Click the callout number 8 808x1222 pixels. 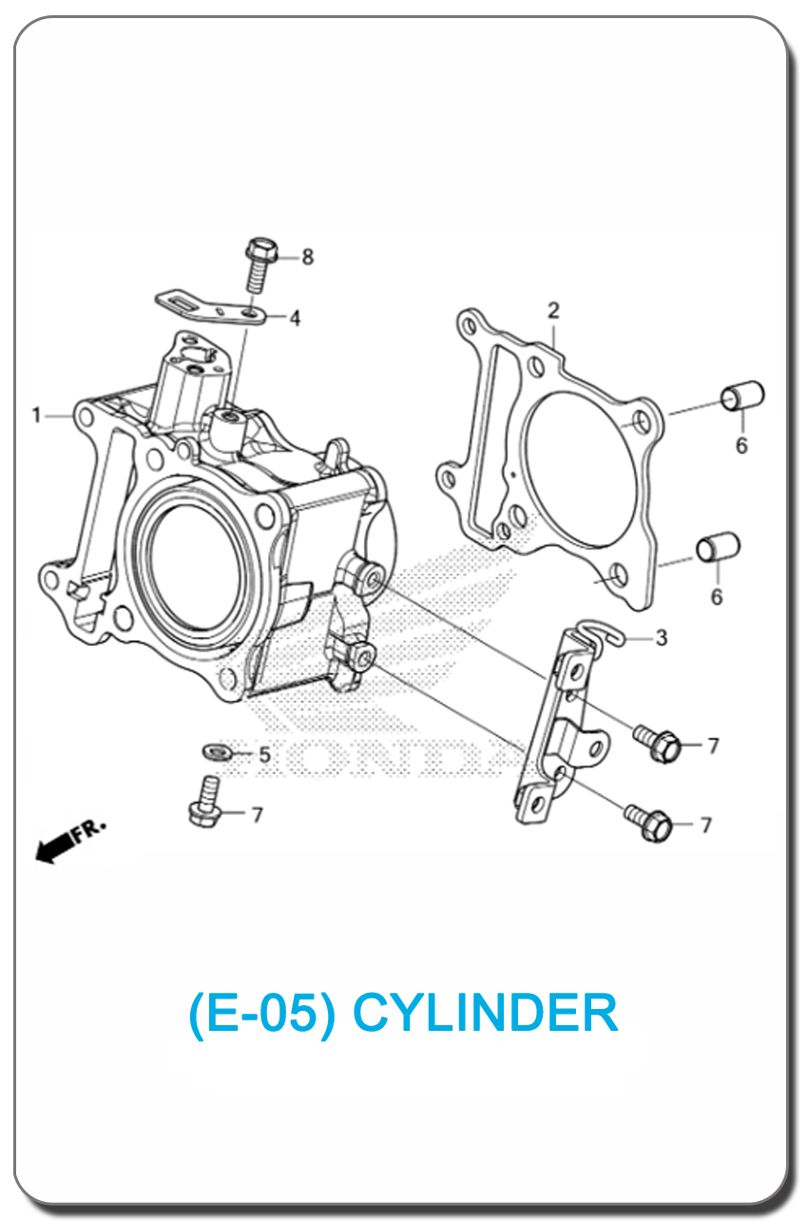click(307, 257)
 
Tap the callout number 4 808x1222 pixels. click(295, 319)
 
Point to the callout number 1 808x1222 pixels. click(36, 416)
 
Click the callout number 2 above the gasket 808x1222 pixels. click(553, 310)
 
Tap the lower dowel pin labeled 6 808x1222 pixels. click(720, 551)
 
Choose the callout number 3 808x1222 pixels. click(662, 638)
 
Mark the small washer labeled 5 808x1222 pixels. click(218, 752)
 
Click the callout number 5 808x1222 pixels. click(264, 755)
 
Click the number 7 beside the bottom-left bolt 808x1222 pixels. click(257, 815)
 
